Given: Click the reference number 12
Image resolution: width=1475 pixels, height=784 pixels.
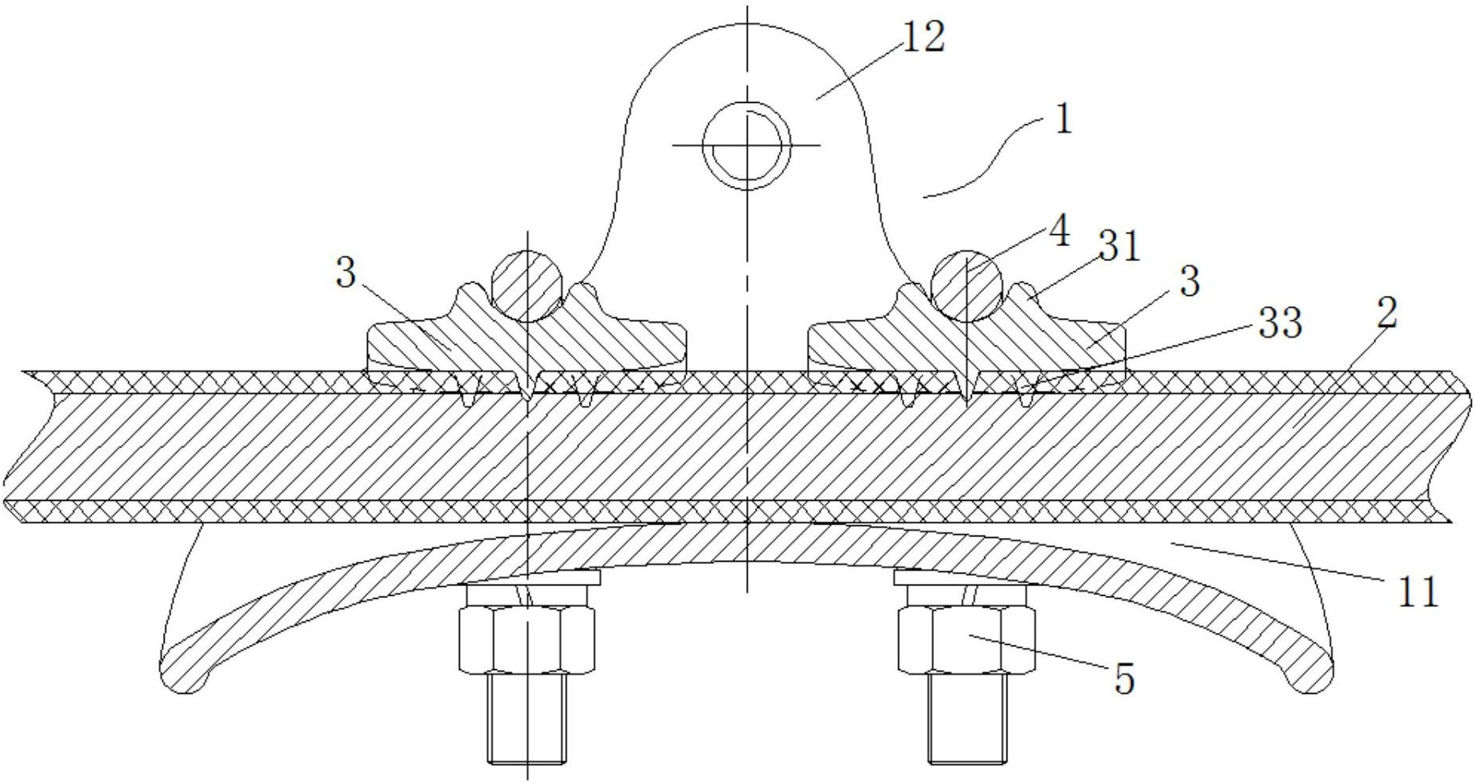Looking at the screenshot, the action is [x=923, y=38].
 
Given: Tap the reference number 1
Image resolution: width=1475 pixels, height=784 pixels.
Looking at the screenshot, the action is [x=1064, y=121].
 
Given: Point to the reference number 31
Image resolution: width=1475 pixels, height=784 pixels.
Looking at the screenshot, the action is [x=1118, y=248].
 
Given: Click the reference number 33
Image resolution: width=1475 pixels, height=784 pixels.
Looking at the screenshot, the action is [x=1280, y=323].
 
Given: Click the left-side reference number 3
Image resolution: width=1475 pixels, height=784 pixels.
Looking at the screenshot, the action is [x=346, y=275].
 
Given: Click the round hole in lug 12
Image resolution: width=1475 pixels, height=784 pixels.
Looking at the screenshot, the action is [x=746, y=146].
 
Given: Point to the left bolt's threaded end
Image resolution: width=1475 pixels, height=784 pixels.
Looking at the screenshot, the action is [x=527, y=718].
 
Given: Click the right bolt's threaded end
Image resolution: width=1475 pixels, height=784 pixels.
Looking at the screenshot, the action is [x=967, y=718].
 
